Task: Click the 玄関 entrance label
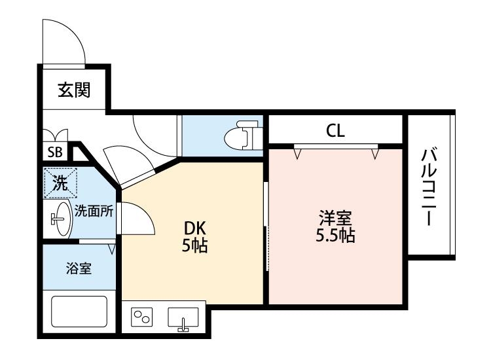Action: click(x=73, y=90)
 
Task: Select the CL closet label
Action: click(x=335, y=132)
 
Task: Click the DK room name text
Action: click(x=194, y=228)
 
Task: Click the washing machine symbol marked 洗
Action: click(x=60, y=183)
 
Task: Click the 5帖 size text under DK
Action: click(x=194, y=246)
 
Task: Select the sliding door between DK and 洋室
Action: click(x=266, y=226)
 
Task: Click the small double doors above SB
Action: click(x=54, y=135)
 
